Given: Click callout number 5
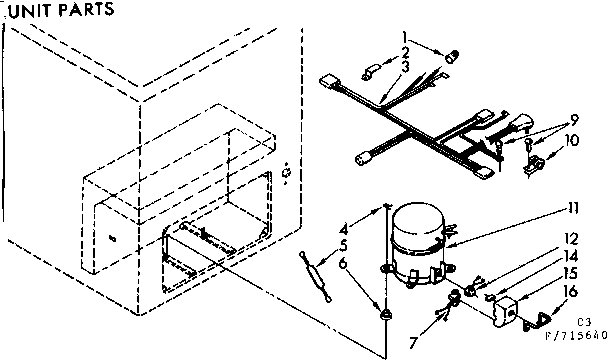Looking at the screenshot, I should point(343,243).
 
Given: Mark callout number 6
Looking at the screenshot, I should point(343,262).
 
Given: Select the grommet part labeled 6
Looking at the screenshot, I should point(384,314).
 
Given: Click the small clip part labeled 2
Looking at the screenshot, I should point(364,71).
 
